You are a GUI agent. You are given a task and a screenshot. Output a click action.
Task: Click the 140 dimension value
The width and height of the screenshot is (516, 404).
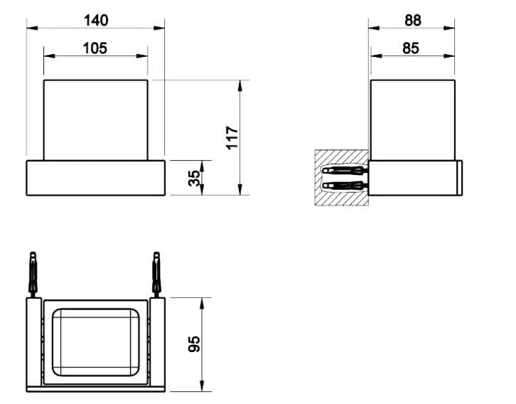(96, 21)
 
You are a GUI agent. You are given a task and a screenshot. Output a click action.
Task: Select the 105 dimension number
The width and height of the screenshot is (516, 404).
(95, 48)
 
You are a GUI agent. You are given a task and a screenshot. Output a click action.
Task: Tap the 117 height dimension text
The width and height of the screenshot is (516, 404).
(232, 137)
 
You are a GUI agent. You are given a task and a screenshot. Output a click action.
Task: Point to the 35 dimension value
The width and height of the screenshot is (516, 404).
(195, 178)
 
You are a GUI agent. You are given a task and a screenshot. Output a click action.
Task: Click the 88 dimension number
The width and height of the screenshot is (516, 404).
(413, 21)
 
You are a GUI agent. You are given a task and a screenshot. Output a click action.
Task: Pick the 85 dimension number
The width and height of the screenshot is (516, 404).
(411, 48)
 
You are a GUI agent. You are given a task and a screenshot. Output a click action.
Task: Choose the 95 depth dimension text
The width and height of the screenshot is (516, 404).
(195, 344)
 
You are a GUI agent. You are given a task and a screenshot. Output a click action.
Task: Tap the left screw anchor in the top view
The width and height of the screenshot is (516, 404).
(33, 275)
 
